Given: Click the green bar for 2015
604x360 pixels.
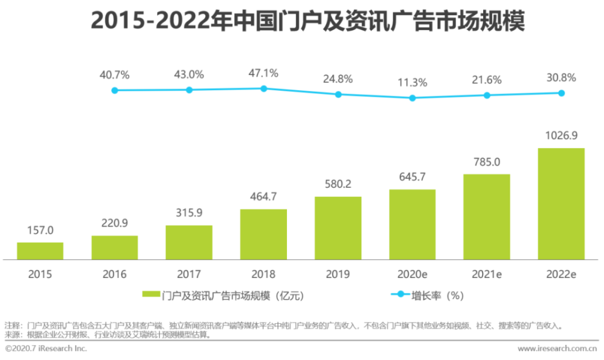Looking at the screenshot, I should [40, 251].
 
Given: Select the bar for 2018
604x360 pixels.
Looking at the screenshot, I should [263, 234].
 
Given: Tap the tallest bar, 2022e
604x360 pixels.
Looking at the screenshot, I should [561, 204].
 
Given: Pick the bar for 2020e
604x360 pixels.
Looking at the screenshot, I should [412, 224].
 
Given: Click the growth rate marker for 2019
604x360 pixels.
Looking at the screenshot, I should [338, 94].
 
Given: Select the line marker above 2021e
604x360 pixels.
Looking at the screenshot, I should [487, 95].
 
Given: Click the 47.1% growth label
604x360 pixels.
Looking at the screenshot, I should [263, 73].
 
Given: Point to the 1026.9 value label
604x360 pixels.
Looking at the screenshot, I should [561, 135].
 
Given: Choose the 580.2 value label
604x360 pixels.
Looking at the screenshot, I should [338, 184].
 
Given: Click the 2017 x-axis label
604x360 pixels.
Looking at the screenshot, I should [189, 274].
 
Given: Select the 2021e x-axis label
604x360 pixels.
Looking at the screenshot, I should [487, 274].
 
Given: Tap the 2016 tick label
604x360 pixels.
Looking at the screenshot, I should [115, 274].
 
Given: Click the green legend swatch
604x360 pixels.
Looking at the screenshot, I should [152, 295].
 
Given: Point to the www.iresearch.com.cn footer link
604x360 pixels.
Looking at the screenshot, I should [557, 349].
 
